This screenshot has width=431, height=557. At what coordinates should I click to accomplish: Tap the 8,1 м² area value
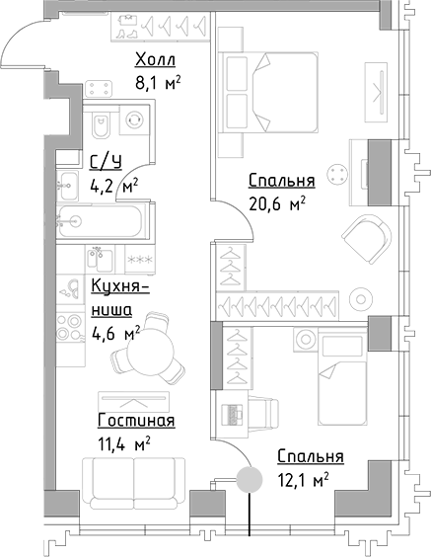click(x=158, y=85)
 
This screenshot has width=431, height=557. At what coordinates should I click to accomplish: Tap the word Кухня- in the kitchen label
click(x=119, y=287)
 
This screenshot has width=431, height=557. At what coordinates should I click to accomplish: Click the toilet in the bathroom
click(x=100, y=126)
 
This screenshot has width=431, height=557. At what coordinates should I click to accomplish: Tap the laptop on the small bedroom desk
click(x=237, y=412)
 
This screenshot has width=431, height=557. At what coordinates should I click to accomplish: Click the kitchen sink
click(x=70, y=287)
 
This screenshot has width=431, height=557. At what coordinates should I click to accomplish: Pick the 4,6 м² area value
click(x=115, y=333)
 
